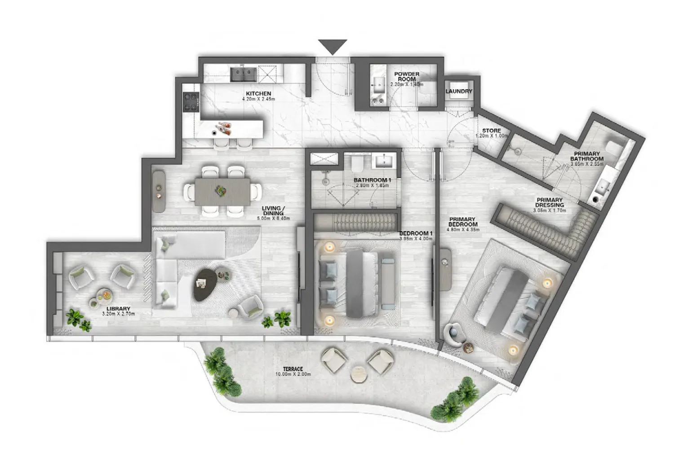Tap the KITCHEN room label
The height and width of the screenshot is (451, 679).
coord(258,94)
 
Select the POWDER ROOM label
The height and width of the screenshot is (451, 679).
coord(407,76)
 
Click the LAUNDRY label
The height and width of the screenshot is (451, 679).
coord(459,92)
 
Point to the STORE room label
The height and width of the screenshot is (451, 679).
coord(491,131)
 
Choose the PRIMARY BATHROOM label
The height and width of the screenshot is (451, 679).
coord(587,156)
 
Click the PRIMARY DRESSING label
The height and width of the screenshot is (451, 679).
coord(549,202)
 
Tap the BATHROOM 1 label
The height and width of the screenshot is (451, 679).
coord(372,180)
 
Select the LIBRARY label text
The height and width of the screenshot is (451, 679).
coord(119,309)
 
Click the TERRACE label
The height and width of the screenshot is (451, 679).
coord(293,369)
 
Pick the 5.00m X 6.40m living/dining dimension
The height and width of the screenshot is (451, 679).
coord(274,219)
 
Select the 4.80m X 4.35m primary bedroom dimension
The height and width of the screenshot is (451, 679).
coord(463,230)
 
